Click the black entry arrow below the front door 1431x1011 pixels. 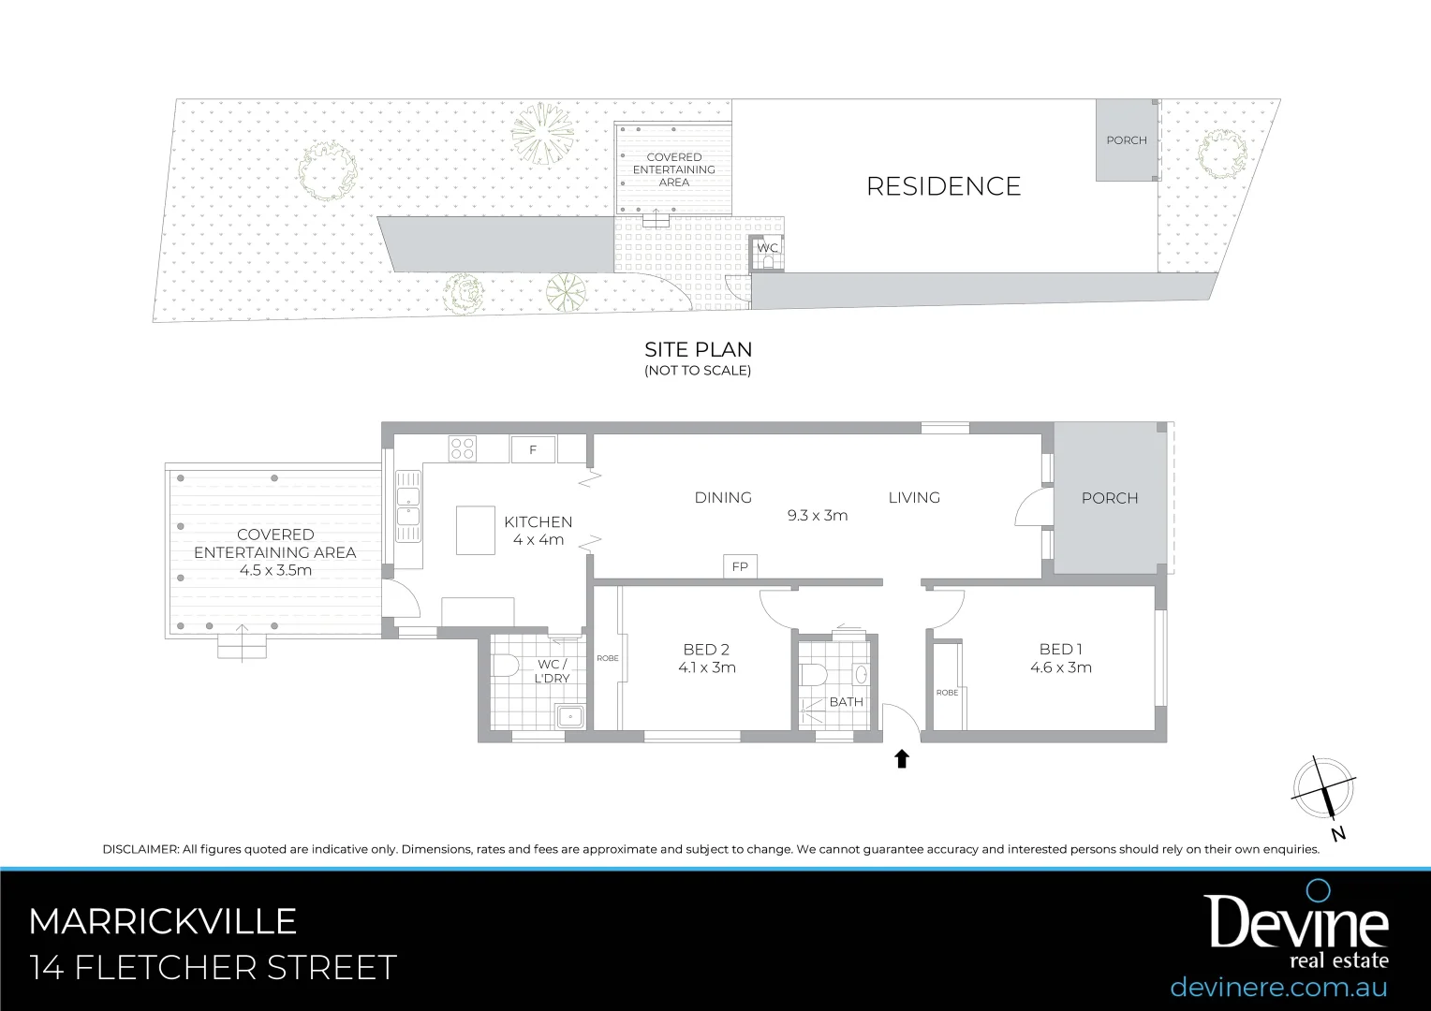tap(902, 759)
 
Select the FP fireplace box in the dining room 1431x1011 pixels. tap(740, 566)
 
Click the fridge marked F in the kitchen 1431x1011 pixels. tap(533, 450)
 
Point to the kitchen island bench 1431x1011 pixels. tap(476, 530)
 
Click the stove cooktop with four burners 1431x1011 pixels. tap(463, 448)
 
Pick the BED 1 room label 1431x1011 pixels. tap(1060, 649)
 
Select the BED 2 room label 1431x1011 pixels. tap(706, 649)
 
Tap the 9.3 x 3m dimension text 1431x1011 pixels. tap(818, 516)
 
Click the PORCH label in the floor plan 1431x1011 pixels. tap(1110, 498)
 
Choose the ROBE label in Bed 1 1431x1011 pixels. tap(947, 693)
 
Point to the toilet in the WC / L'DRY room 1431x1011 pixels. tap(506, 666)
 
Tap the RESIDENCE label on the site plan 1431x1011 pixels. tap(943, 186)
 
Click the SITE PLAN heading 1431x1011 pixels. tap(698, 350)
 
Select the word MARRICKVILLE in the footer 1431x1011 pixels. tap(163, 922)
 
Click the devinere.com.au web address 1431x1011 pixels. tap(1278, 987)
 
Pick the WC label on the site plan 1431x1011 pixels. tap(768, 248)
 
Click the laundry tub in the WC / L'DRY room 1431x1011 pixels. tap(569, 717)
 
